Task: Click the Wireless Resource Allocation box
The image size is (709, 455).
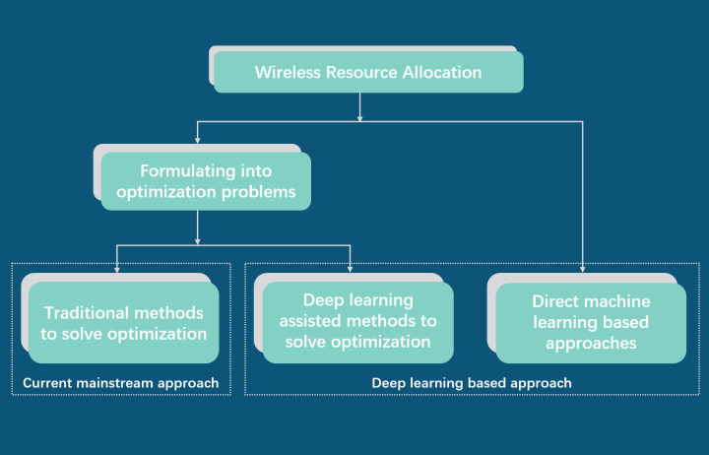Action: click(x=368, y=73)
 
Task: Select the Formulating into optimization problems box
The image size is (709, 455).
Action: click(x=206, y=181)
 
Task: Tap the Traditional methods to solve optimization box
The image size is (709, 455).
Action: click(x=124, y=323)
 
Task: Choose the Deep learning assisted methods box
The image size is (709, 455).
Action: click(x=358, y=321)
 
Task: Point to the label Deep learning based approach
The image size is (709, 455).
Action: click(x=472, y=382)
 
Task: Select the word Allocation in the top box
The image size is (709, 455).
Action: click(x=440, y=73)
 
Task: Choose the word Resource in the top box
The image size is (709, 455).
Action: click(x=361, y=73)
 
